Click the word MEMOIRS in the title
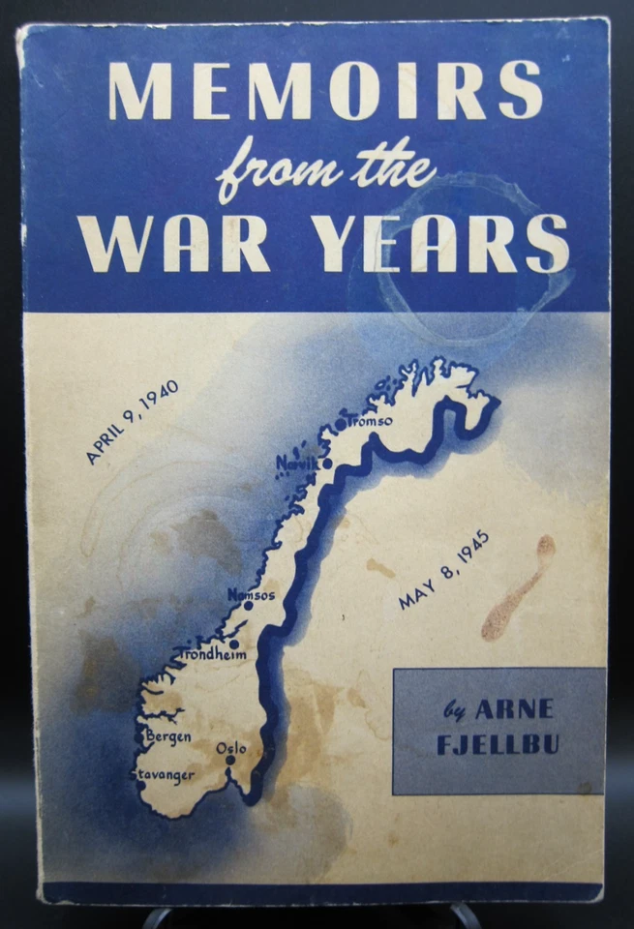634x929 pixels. click(x=325, y=90)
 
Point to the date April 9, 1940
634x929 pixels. click(x=132, y=422)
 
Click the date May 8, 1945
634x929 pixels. click(x=444, y=570)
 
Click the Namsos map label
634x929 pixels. click(x=251, y=594)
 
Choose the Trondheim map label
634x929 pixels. click(x=213, y=655)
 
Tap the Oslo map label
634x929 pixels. click(x=232, y=747)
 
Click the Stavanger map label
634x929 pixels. click(x=163, y=774)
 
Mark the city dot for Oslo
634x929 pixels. click(x=230, y=760)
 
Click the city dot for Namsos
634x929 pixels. click(x=248, y=606)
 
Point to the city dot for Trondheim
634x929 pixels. click(x=233, y=644)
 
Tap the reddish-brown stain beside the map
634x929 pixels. click(x=518, y=588)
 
